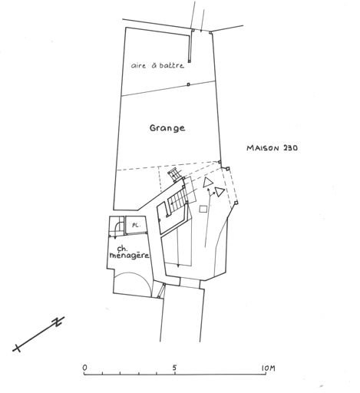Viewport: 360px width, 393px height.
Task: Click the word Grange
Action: click(x=167, y=128)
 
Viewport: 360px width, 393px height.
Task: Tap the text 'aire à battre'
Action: click(x=157, y=65)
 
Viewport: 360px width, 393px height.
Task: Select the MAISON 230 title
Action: click(x=272, y=148)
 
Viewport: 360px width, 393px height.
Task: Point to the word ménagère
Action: click(x=129, y=256)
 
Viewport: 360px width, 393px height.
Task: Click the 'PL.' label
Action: click(x=136, y=226)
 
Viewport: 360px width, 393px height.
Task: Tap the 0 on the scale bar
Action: click(x=84, y=368)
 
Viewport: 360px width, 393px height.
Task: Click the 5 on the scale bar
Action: click(x=174, y=368)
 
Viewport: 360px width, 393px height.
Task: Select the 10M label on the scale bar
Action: click(x=268, y=368)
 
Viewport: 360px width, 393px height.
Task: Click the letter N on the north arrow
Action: click(x=58, y=322)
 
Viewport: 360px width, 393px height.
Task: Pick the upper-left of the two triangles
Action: click(x=208, y=182)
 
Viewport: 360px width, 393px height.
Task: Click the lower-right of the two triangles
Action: click(x=220, y=191)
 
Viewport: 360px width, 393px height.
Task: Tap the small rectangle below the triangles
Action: click(x=203, y=209)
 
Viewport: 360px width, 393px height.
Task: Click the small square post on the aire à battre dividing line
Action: click(x=189, y=84)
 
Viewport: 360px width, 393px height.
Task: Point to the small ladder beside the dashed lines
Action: click(x=174, y=174)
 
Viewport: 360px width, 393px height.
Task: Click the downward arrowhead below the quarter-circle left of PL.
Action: click(x=115, y=238)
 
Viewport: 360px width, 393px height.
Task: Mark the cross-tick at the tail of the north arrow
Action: click(x=18, y=348)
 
